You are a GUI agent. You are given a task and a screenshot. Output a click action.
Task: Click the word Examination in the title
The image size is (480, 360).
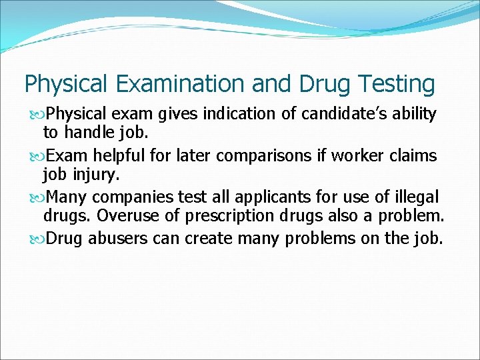pyautogui.click(x=178, y=85)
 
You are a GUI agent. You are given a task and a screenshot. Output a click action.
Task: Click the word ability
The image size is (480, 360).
pyautogui.click(x=413, y=115)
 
